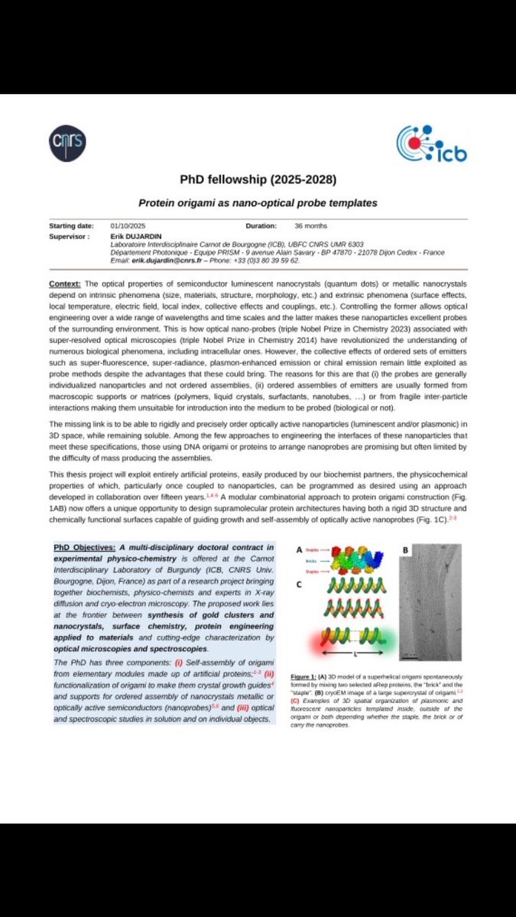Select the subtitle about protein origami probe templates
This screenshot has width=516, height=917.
pos(258,203)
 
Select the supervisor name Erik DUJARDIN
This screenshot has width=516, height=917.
pos(131,236)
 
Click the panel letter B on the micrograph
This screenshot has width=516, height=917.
pos(405,549)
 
